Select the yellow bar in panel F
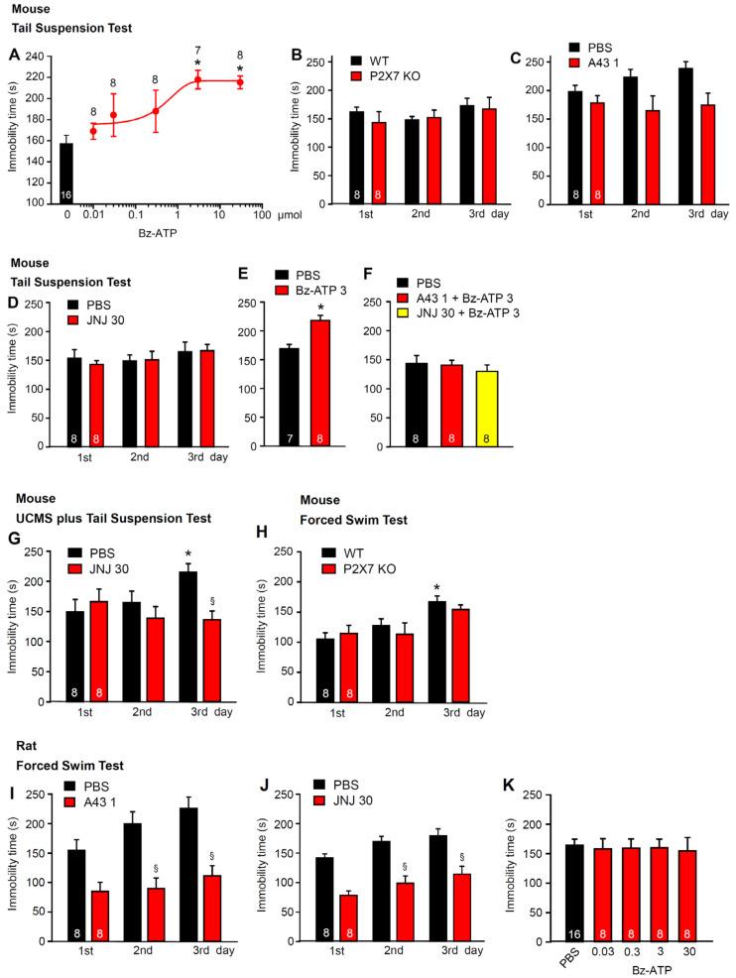pos(513,408)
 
